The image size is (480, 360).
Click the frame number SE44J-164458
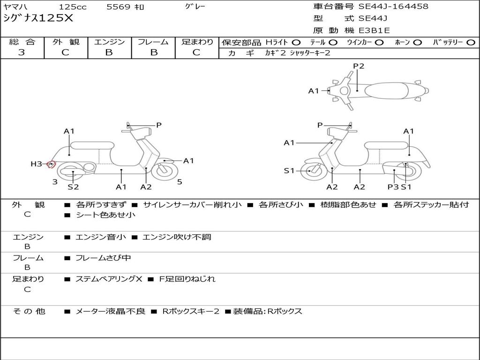click(x=393, y=7)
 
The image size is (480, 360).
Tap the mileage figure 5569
click(x=119, y=7)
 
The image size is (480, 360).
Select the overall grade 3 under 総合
click(x=22, y=52)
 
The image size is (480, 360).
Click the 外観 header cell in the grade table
click(x=66, y=42)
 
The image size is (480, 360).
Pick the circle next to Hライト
click(x=296, y=43)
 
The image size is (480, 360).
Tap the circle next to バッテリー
click(x=471, y=43)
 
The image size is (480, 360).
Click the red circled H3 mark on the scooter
click(x=52, y=165)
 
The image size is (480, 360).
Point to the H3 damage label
click(x=36, y=164)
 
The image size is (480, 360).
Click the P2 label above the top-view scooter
click(x=359, y=66)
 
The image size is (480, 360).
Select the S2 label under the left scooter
click(x=73, y=187)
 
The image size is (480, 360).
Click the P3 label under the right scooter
click(x=393, y=187)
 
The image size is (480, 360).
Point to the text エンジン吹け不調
click(x=177, y=237)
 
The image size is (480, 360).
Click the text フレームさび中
click(x=103, y=258)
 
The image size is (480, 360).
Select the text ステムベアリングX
click(x=109, y=279)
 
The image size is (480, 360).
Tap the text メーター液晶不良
click(x=111, y=311)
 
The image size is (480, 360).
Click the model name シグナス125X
click(x=38, y=18)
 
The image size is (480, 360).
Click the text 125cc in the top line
click(x=73, y=7)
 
